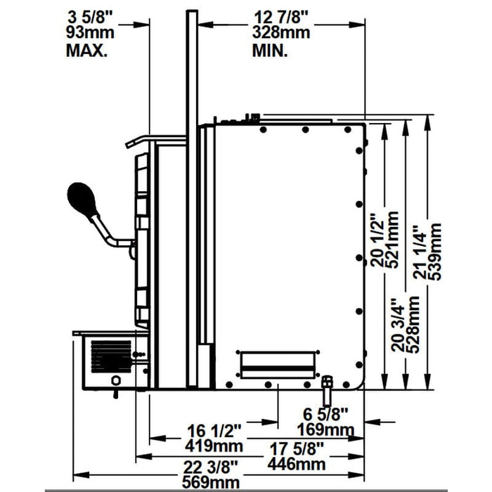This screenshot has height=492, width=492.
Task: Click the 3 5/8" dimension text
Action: (x=89, y=15)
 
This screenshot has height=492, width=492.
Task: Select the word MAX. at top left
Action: (x=87, y=50)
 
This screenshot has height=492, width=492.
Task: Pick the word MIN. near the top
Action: (x=270, y=50)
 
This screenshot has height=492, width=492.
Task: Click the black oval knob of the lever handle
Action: (x=83, y=199)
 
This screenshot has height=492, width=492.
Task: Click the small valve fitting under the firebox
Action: (x=327, y=387)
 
